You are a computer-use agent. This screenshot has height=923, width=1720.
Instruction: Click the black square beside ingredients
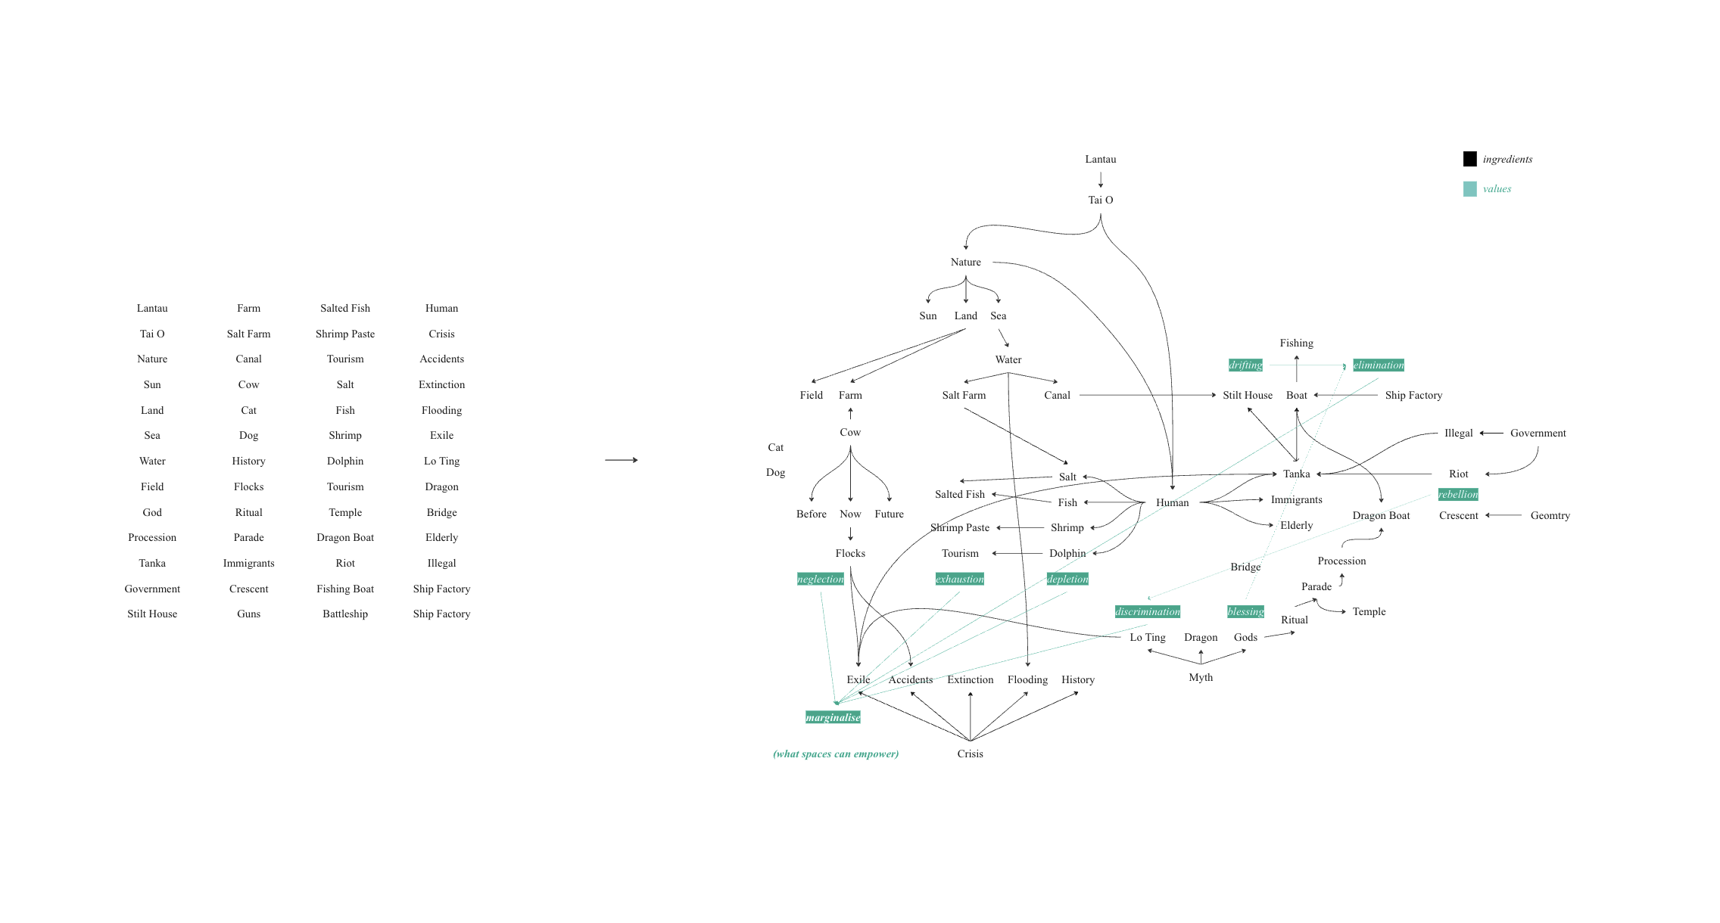1469,159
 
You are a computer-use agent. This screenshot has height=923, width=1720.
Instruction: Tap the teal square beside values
1469,189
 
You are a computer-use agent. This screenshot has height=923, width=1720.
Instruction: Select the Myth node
1200,678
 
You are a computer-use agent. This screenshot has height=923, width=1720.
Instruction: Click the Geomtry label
1550,516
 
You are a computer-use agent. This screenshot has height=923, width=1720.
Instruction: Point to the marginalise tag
833,717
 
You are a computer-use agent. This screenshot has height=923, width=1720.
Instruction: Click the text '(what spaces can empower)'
836,754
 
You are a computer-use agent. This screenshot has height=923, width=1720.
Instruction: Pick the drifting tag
1245,365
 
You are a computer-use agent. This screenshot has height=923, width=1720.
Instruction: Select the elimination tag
1378,365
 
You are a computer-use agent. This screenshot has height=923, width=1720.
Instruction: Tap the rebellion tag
1457,495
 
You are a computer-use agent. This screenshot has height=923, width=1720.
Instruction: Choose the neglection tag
820,580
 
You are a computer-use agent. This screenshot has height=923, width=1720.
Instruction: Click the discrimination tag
1147,612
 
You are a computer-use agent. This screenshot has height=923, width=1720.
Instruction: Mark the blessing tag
1245,612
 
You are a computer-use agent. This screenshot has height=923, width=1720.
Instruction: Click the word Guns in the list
248,614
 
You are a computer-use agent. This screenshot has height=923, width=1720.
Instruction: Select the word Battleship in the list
345,614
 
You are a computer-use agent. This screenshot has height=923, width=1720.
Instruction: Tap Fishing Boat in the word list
345,589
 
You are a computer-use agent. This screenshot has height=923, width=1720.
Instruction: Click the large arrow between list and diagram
621,460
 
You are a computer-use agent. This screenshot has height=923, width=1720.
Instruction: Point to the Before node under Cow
811,514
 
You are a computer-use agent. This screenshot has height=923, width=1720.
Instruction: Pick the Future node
889,514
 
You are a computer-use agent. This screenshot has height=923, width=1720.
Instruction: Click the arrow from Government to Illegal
1491,434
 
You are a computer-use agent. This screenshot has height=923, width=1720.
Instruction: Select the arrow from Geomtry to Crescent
1503,515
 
